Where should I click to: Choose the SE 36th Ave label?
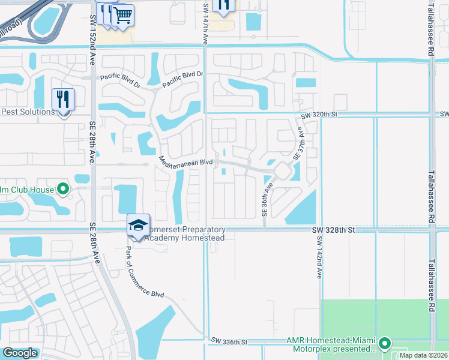(264, 200)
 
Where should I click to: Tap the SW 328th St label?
(334, 230)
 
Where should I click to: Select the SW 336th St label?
(229, 341)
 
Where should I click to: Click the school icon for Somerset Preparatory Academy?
(138, 226)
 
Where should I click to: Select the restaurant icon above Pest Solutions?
(63, 99)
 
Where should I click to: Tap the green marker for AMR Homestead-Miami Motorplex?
(384, 344)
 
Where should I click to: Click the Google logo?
(20, 353)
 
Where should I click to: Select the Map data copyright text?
(423, 355)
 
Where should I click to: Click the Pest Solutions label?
(28, 112)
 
